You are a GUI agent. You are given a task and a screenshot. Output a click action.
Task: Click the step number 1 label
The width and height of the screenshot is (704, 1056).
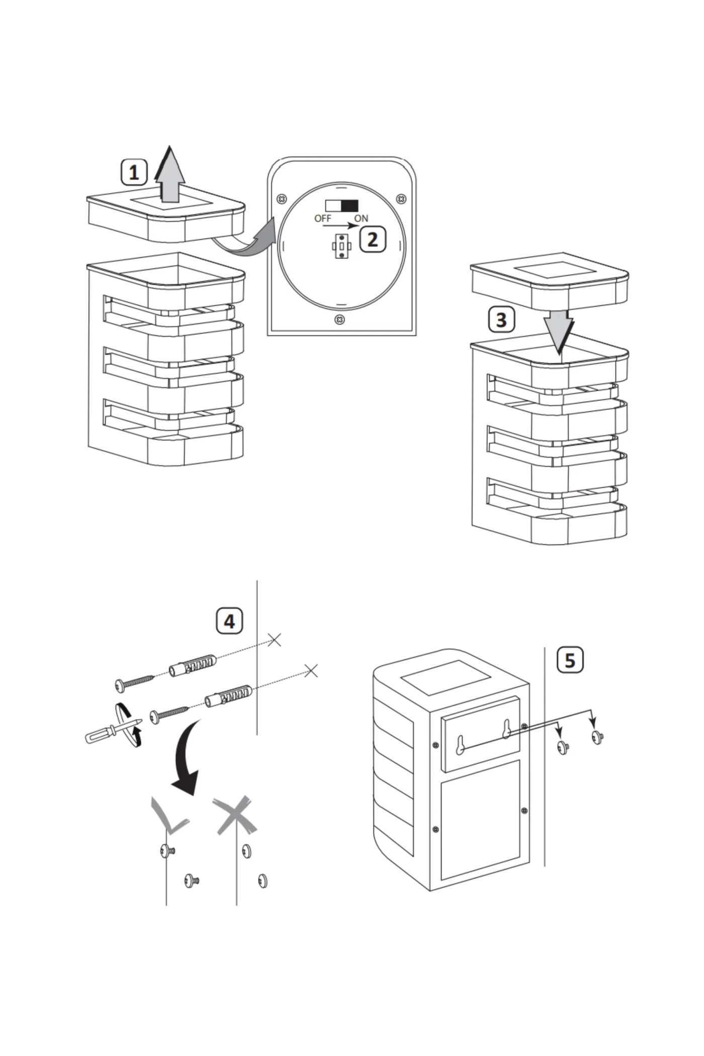pos(134,172)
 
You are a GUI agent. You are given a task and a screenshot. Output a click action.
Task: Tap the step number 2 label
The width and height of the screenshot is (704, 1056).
pos(372,239)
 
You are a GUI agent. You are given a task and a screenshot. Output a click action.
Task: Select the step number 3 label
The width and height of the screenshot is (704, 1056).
pos(501,320)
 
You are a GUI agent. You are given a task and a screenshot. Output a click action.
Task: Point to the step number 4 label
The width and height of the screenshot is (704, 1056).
pos(229,621)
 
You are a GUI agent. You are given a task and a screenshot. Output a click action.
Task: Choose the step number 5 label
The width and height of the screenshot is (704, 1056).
pos(570,660)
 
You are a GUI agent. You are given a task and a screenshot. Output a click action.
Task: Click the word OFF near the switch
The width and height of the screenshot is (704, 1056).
pos(322,218)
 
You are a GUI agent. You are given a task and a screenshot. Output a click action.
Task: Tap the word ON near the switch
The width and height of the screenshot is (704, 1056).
pos(361,218)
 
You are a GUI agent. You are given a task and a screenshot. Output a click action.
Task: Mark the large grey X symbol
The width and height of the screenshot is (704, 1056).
pos(234,815)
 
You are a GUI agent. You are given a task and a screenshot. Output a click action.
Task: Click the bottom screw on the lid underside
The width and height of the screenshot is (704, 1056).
pos(340,320)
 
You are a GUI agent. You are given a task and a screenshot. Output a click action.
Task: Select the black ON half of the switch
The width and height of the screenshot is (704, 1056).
pos(350,206)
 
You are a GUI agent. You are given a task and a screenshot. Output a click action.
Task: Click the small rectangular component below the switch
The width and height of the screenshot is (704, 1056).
pos(342,246)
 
